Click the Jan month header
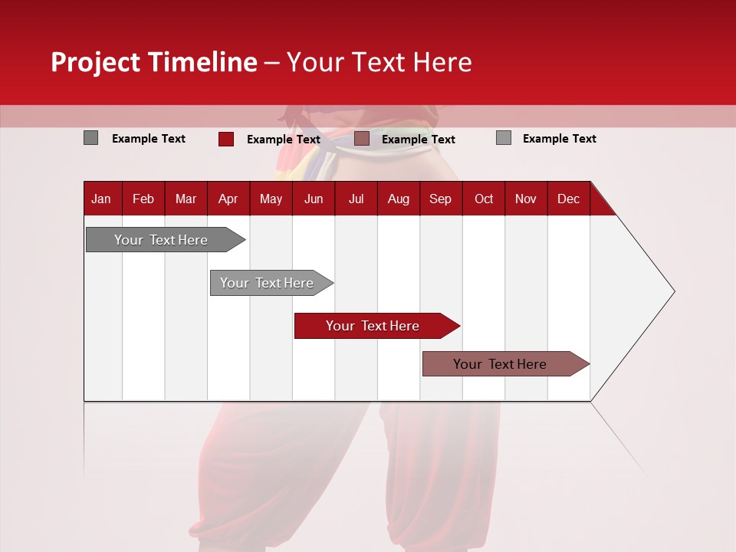click(101, 199)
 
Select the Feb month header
click(143, 199)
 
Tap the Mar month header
click(186, 199)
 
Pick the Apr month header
click(228, 199)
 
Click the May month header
click(271, 199)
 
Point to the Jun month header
click(314, 199)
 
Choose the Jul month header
click(356, 199)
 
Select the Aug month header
click(398, 199)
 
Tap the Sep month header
click(440, 199)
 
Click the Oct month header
click(484, 199)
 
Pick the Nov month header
click(526, 199)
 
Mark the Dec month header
click(568, 199)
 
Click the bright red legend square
click(226, 139)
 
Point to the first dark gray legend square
click(90, 138)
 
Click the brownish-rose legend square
click(362, 139)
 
